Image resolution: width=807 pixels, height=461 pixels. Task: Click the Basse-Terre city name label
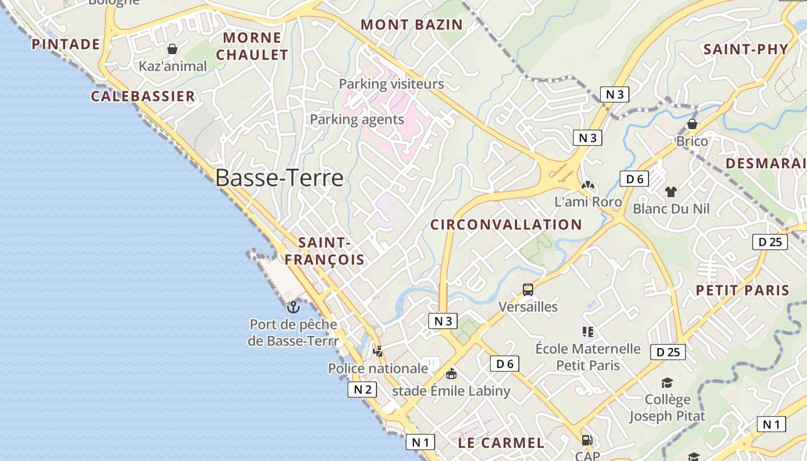(280, 178)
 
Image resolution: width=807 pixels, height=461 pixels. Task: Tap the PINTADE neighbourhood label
(66, 44)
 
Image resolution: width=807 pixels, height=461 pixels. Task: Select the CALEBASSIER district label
(143, 96)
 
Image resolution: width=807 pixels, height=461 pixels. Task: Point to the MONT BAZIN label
(412, 25)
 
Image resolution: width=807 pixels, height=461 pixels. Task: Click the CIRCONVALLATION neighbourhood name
(506, 225)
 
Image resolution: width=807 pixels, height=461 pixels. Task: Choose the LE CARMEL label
(501, 443)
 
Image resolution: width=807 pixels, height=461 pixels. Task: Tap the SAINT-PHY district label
(746, 49)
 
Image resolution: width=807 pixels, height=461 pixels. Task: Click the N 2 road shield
(362, 390)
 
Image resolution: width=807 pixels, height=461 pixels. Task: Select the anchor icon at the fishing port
(293, 307)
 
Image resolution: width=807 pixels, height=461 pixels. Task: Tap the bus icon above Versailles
(528, 290)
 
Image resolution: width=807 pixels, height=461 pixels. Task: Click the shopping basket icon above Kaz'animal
(172, 49)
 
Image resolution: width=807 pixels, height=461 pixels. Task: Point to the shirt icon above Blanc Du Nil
(671, 192)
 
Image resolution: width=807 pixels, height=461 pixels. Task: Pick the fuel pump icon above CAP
(587, 440)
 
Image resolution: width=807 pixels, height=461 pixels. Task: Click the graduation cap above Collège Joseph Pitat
(667, 383)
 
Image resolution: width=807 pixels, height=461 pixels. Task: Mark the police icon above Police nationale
(378, 350)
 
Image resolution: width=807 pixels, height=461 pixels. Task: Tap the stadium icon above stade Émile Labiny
(451, 373)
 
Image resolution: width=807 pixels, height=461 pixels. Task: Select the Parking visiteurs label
(391, 84)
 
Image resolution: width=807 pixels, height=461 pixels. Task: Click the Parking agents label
(357, 119)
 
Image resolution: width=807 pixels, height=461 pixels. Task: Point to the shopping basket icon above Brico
(692, 124)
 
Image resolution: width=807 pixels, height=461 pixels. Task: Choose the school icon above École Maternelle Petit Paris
(587, 331)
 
